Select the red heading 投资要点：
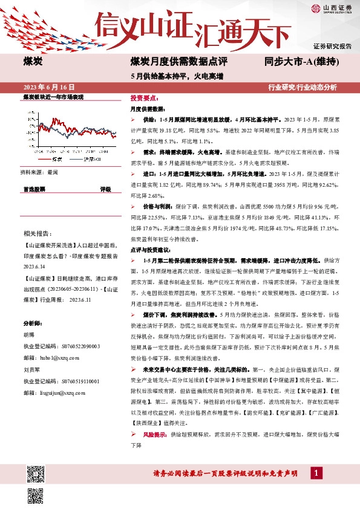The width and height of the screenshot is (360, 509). [144, 97]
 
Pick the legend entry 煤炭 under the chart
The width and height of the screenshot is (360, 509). [57, 158]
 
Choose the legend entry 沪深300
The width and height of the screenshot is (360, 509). [91, 158]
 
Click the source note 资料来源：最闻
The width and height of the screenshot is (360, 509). [41, 172]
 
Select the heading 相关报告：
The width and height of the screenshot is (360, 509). [37, 233]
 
